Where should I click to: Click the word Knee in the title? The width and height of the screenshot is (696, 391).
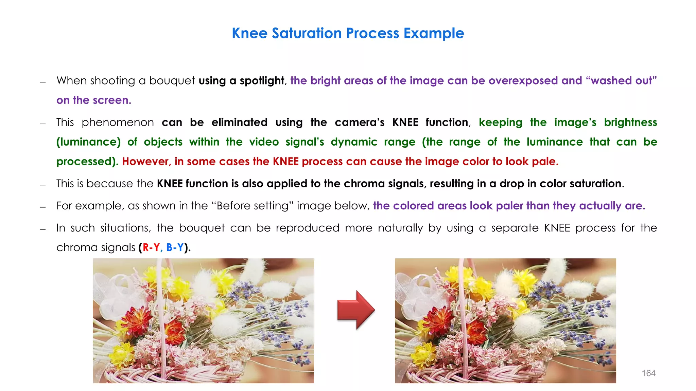click(x=249, y=33)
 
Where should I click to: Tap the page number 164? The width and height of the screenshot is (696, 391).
click(x=648, y=373)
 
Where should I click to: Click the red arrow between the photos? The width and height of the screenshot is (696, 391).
click(x=355, y=310)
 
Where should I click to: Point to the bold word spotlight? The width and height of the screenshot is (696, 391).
click(x=262, y=81)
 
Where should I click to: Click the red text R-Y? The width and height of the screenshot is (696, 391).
click(x=151, y=247)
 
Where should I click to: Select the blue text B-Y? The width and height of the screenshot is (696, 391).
click(x=175, y=247)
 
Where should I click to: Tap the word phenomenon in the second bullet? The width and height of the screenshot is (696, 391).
click(x=118, y=123)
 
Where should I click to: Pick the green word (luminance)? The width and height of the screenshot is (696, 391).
click(x=88, y=142)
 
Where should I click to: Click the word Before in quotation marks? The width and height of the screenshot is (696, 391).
click(x=231, y=206)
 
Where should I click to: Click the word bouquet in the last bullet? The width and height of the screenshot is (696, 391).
click(x=202, y=228)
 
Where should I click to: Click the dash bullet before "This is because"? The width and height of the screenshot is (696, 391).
click(x=43, y=185)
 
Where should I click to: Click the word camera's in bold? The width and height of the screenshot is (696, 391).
click(x=360, y=123)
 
